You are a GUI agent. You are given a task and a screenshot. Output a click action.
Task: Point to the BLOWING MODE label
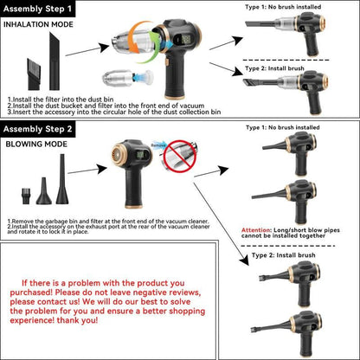(36, 145)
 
